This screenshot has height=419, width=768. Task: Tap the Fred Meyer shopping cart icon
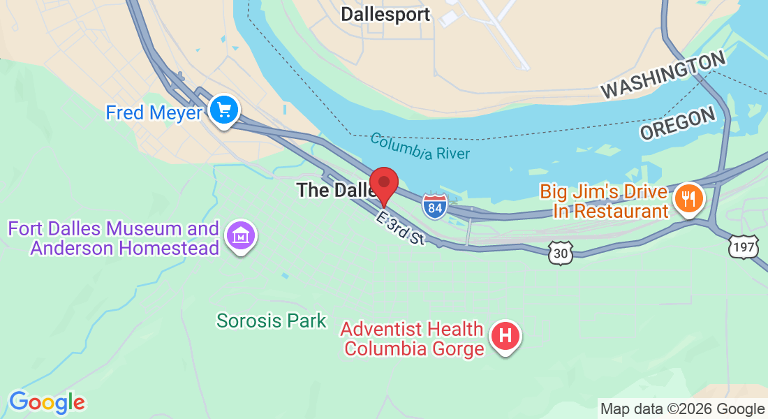coord(224,110)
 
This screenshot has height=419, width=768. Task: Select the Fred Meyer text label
coord(154,112)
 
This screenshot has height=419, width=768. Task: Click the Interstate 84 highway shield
coord(434,207)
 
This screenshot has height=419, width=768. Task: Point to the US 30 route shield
coord(561,253)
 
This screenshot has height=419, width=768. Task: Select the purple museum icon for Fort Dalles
coord(241,236)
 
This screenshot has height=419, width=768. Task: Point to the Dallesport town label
coord(385,14)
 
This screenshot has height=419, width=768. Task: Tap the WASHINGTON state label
coord(664,76)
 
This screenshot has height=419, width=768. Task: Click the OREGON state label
coord(678,124)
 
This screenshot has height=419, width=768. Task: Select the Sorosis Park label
coord(272,321)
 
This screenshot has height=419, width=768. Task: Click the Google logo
coord(47,402)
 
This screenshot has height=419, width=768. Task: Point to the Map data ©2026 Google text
coord(683,409)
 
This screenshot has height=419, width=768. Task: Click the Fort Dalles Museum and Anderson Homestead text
coord(114,238)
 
